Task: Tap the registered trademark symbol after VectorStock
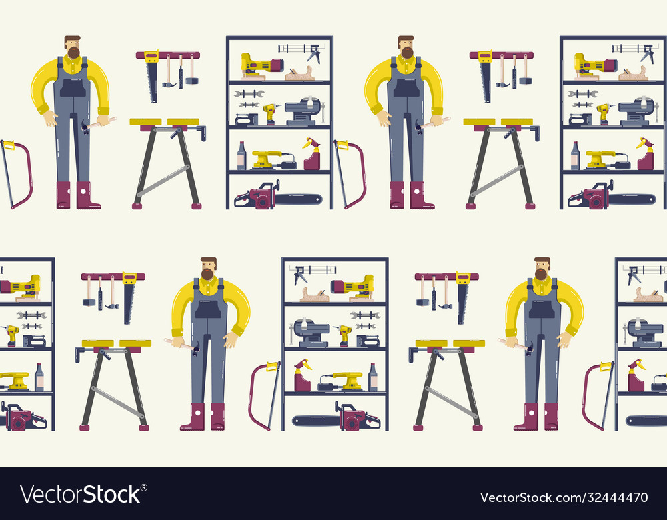click(x=144, y=487)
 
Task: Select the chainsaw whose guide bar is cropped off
click(x=20, y=418)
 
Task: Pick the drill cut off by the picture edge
click(x=9, y=333)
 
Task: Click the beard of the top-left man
click(x=73, y=52)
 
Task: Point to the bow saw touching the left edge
click(x=17, y=173)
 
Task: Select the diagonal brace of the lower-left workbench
click(x=117, y=402)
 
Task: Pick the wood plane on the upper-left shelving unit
click(x=299, y=74)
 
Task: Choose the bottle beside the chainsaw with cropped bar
click(x=39, y=377)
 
